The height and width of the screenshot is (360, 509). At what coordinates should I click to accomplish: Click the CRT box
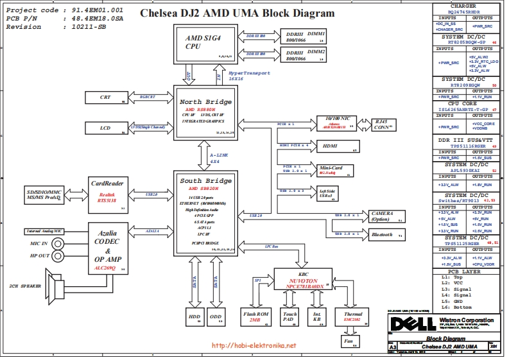tap(105, 97)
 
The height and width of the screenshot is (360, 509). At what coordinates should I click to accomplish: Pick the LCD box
tap(105, 128)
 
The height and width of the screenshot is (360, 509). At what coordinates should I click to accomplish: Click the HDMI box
tap(336, 146)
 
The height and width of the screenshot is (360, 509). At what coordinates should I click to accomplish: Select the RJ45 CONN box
tap(375, 123)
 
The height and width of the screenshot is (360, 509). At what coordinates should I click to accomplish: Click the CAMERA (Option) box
tap(385, 216)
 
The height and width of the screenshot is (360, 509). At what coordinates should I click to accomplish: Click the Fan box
tap(349, 341)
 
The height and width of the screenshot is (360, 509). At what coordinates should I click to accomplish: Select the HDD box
tap(194, 316)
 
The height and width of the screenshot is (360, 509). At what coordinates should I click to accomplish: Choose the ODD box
tap(216, 316)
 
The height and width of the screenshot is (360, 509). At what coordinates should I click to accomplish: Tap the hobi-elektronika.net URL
tap(254, 346)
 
